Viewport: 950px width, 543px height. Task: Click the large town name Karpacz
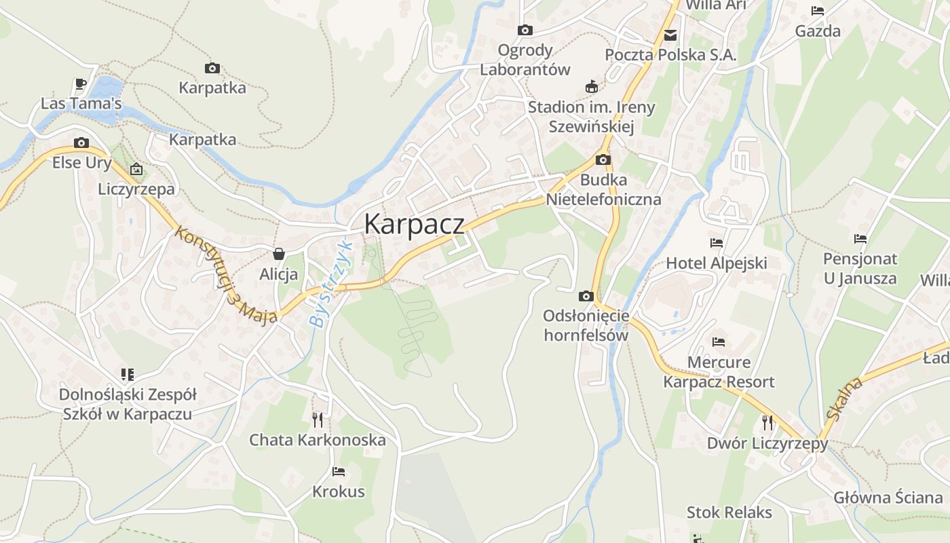[415, 224]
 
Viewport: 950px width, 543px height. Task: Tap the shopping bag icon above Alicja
[278, 255]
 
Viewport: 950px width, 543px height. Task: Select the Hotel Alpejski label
[716, 263]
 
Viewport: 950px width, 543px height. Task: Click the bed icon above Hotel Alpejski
[717, 243]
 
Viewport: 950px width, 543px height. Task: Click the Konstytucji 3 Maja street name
[226, 274]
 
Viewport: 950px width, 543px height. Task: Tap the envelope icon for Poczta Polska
[670, 35]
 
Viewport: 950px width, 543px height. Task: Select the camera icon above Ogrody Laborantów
[525, 30]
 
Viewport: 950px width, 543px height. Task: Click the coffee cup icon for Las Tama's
[81, 84]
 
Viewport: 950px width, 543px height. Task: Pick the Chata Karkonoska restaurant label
[318, 440]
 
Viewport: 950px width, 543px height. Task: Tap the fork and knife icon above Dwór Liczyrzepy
[767, 423]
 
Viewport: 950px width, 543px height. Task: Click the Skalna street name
[844, 399]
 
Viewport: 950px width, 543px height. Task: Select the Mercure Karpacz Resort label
[719, 372]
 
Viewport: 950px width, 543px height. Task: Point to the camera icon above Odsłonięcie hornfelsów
[586, 296]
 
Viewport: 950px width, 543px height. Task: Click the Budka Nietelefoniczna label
[603, 190]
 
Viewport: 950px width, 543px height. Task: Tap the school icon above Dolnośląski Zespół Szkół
[127, 375]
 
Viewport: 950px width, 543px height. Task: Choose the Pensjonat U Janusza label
[860, 268]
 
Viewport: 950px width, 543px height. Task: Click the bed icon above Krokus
[338, 471]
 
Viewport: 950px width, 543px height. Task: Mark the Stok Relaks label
[729, 512]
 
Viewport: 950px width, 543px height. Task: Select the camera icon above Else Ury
[81, 143]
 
